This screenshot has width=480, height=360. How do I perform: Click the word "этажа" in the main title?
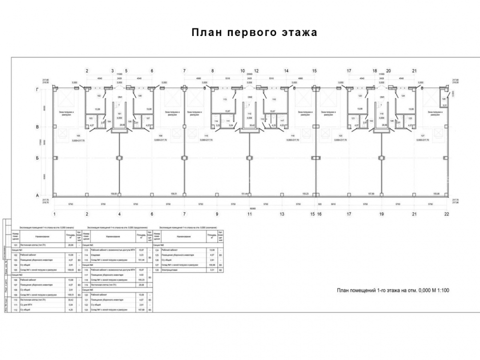coord(298,33)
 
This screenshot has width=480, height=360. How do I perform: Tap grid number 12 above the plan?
coord(256,71)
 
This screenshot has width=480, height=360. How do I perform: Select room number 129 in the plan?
coord(444,99)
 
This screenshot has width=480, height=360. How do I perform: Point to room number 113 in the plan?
coord(224,99)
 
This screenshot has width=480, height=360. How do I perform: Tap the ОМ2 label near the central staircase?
coord(250,97)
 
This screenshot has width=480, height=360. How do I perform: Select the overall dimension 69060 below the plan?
coord(250,208)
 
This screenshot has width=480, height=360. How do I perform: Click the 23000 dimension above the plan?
coord(250,74)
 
